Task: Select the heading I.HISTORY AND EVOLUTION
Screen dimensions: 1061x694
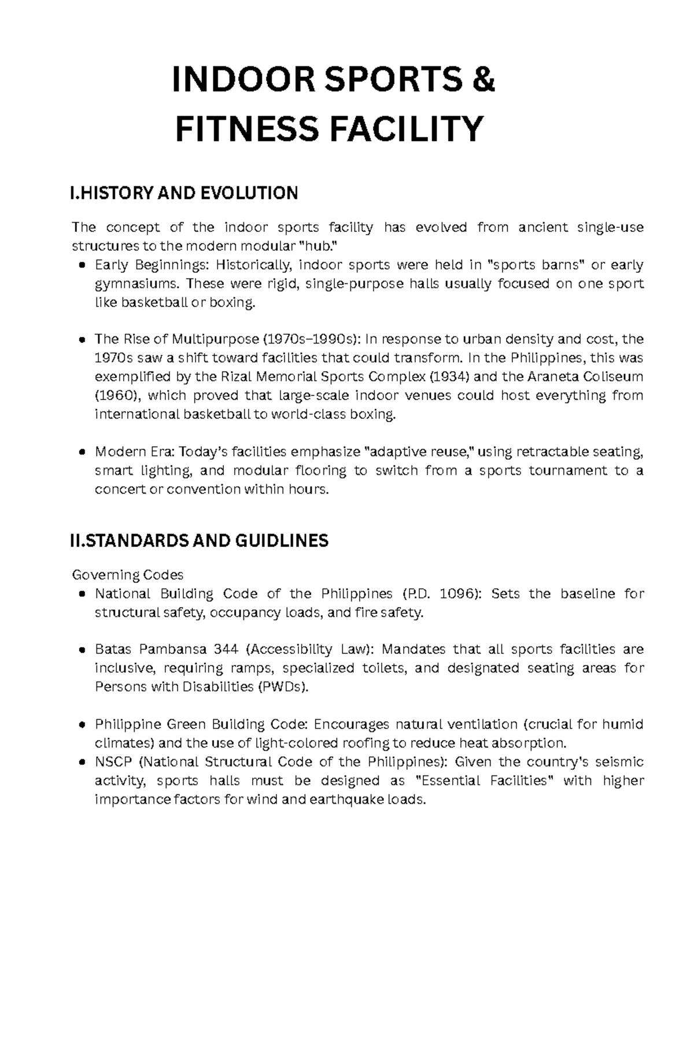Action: coord(184,193)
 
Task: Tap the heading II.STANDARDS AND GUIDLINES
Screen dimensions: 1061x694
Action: coord(198,541)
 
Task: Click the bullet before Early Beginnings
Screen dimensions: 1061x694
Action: coord(82,266)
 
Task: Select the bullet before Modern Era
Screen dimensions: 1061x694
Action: coord(82,452)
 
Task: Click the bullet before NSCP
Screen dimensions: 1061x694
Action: coord(82,763)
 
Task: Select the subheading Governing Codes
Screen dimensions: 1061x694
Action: coord(127,575)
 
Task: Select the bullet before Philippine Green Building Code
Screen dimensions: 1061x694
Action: coord(82,725)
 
